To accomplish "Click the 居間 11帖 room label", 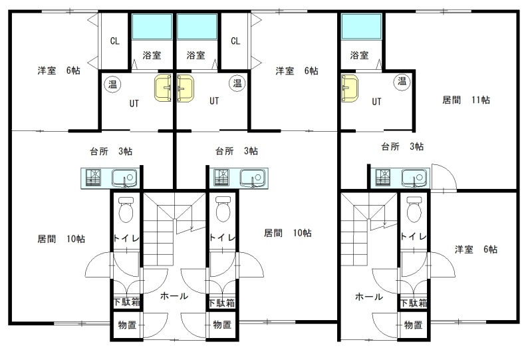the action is [466, 100].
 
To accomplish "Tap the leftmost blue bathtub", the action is [152, 27].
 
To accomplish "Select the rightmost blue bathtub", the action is [361, 27].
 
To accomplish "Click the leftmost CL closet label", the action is [115, 41].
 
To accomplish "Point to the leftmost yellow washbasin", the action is [163, 88].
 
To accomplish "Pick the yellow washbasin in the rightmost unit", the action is [350, 89].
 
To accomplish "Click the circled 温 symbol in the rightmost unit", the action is [402, 81].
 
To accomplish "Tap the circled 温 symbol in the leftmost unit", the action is [112, 84].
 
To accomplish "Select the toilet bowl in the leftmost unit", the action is [126, 210].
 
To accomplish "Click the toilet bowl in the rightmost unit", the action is [414, 209].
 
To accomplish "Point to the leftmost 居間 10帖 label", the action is [61, 239].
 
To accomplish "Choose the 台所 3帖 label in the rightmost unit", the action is [402, 146].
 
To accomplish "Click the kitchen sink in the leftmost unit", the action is [124, 178].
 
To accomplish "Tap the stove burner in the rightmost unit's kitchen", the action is [382, 177].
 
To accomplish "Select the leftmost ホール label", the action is [174, 296].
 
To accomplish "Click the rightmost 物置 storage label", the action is [413, 325].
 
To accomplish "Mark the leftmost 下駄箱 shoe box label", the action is [126, 301].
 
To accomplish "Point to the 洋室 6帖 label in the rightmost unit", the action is [476, 250].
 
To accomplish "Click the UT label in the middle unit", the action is [214, 101].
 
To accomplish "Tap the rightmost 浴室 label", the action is [359, 55].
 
